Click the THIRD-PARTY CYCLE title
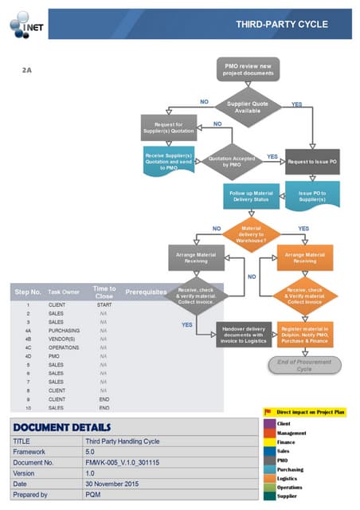coord(281,25)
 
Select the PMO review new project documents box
coord(248,69)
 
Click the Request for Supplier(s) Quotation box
coord(168,127)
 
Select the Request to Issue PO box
coord(312,162)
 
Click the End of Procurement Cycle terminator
coord(303,365)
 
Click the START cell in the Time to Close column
coord(104,305)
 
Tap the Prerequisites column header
coord(146,292)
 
